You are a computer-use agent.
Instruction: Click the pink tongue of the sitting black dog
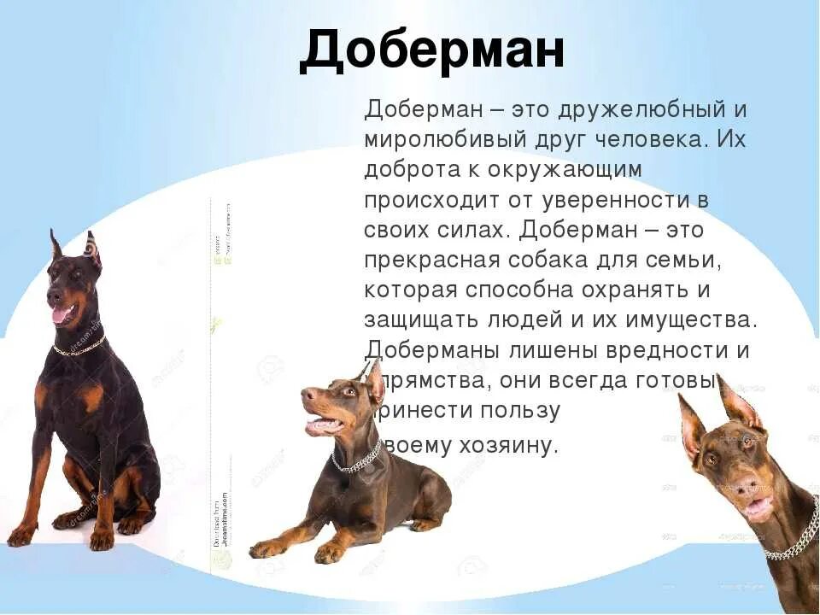61,313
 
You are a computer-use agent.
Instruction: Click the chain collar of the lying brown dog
356,462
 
